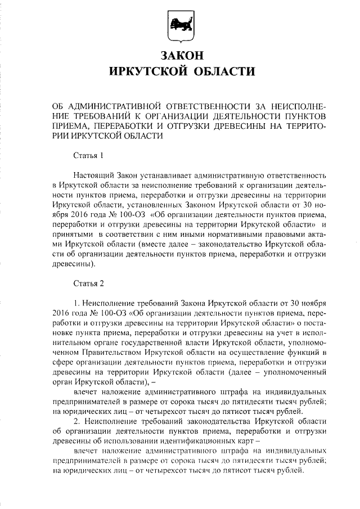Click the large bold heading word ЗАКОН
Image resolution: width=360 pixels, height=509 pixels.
pyautogui.click(x=180, y=56)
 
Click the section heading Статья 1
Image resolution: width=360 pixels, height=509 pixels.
pyautogui.click(x=89, y=155)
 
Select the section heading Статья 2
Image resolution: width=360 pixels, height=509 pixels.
pyautogui.click(x=89, y=282)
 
